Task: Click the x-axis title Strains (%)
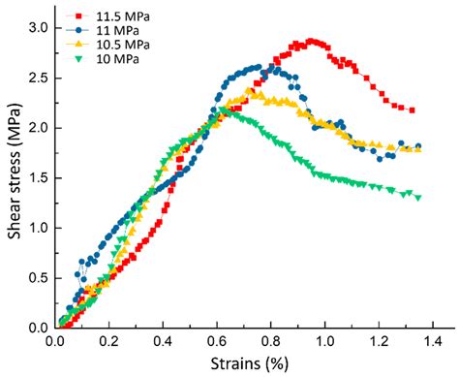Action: click(248, 365)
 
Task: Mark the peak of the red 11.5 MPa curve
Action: click(310, 41)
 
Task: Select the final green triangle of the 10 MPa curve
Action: click(418, 198)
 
